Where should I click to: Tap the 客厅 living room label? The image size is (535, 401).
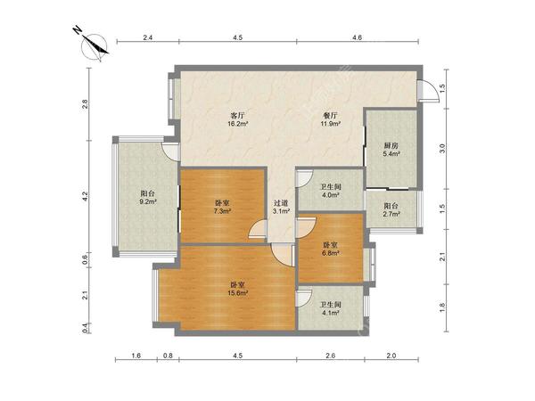point(237,115)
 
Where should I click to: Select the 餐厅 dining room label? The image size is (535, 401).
point(330,115)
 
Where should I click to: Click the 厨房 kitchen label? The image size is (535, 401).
point(391,145)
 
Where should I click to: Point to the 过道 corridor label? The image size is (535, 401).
point(281,203)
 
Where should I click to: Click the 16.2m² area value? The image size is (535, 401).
point(237,124)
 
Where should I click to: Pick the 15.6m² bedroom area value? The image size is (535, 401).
point(237,292)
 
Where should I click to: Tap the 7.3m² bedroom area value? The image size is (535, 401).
point(222,211)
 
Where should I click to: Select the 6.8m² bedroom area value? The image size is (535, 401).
point(330,253)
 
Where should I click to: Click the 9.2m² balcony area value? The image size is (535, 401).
point(148,201)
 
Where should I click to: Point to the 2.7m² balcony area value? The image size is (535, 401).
point(391,214)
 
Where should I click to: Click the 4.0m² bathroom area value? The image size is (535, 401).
point(330,195)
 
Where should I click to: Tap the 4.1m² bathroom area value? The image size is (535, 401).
point(330,312)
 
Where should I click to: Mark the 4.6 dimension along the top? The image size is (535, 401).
point(357,37)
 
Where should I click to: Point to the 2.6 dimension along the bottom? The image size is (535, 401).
point(330,356)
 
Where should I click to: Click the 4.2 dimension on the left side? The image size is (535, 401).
point(85,196)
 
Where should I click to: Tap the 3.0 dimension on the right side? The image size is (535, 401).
point(442,148)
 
